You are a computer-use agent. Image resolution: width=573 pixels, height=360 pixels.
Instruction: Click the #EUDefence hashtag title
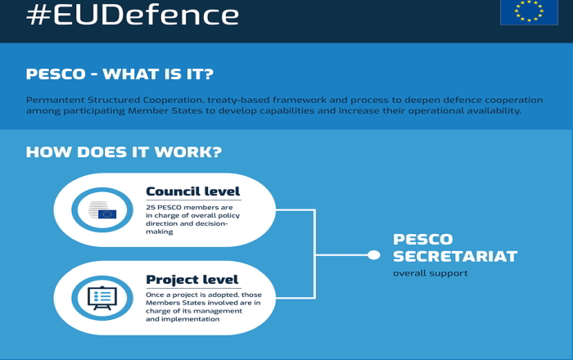[133, 16]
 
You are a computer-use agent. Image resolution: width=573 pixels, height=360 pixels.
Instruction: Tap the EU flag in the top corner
[529, 12]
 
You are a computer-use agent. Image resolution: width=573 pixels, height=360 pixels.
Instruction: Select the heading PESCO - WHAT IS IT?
[120, 74]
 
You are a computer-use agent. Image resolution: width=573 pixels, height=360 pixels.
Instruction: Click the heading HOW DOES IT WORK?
[124, 152]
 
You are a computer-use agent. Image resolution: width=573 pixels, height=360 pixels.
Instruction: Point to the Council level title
[192, 191]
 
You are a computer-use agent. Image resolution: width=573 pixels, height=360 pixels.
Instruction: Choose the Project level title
[192, 280]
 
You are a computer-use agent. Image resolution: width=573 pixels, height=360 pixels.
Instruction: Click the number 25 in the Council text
[150, 207]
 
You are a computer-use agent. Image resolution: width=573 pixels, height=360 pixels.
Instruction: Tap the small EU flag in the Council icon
[107, 214]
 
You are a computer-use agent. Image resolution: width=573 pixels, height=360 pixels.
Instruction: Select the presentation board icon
[102, 298]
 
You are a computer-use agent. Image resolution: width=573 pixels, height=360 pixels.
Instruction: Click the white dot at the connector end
[373, 254]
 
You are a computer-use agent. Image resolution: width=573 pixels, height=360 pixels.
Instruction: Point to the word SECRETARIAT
[455, 256]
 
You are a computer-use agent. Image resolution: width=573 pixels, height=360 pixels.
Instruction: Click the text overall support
[430, 273]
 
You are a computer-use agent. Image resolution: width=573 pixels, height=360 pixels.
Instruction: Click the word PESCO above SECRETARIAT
[423, 240]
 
